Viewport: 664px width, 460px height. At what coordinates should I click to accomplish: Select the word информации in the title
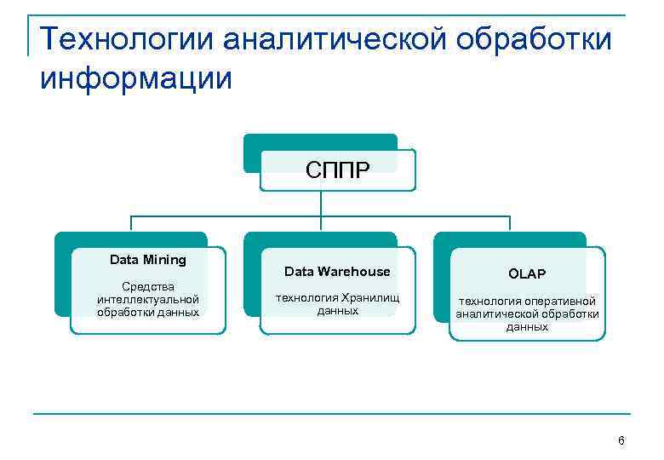coord(135,78)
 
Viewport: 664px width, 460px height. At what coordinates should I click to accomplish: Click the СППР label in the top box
coord(337,170)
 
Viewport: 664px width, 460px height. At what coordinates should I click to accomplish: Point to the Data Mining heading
coord(148,259)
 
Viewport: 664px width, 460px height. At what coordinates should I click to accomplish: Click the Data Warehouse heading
coord(337,272)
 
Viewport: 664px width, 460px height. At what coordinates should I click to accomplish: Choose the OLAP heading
coord(527,273)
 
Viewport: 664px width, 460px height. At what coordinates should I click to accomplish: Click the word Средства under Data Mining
coord(148,286)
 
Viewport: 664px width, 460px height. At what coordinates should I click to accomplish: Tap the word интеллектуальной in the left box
coord(148,299)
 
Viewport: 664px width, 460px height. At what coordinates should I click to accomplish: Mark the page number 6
coord(621,440)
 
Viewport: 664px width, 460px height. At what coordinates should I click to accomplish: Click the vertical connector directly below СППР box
coord(320,203)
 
